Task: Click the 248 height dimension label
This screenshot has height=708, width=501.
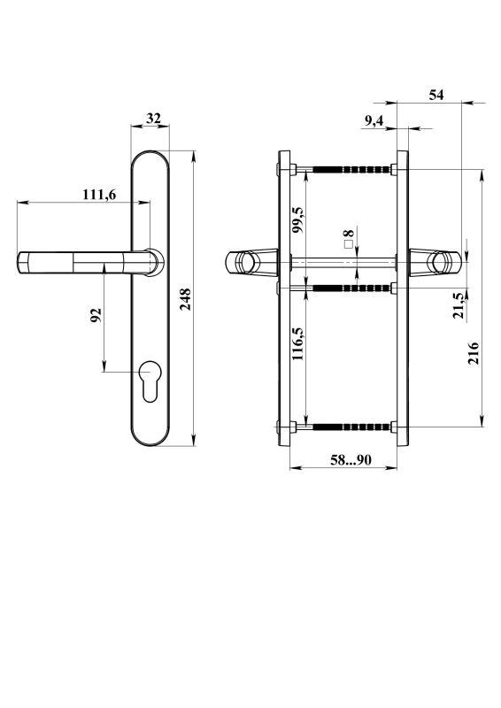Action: coord(186,299)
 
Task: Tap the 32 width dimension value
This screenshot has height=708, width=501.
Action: coord(154,119)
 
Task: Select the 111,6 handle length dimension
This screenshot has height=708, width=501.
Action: coord(99,195)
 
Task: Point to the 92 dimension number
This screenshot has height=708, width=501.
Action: coord(96,315)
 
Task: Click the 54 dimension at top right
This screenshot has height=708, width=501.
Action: coord(436,95)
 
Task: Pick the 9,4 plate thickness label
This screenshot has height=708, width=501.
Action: coord(374,120)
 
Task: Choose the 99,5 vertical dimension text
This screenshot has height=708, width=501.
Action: coord(297,219)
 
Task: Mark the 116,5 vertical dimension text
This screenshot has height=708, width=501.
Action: coord(297,343)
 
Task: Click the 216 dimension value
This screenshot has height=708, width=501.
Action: coord(474,353)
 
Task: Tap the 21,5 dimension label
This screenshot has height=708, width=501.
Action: coord(459,305)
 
